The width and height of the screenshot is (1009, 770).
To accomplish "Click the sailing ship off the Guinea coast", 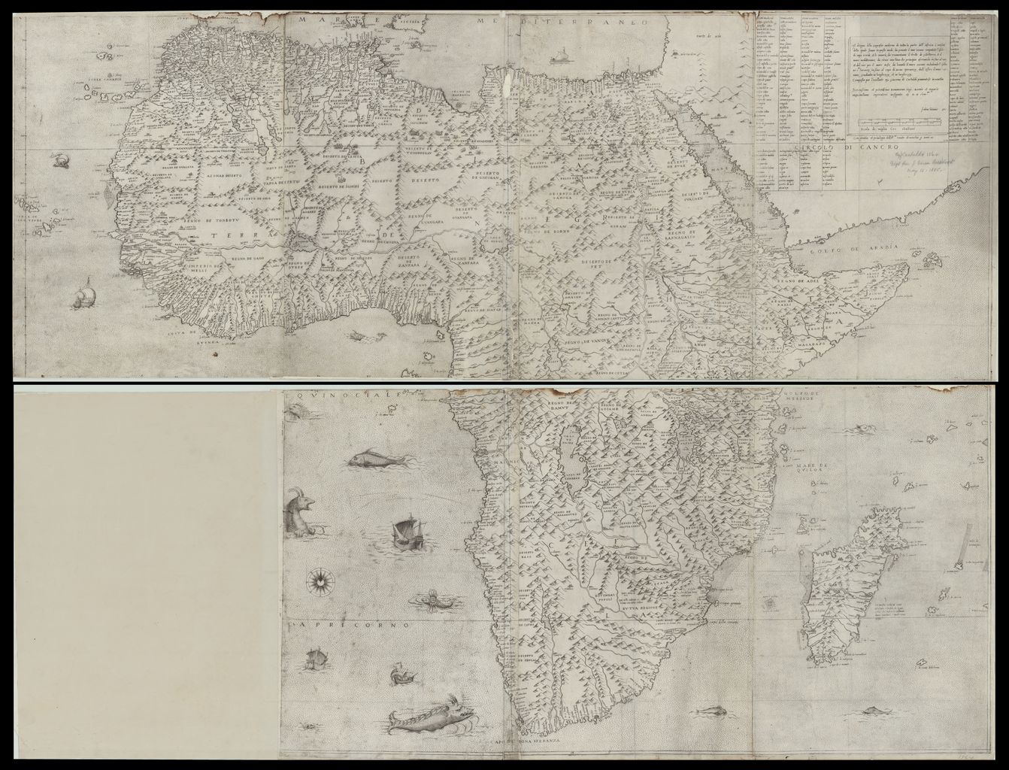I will pyautogui.click(x=84, y=295).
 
